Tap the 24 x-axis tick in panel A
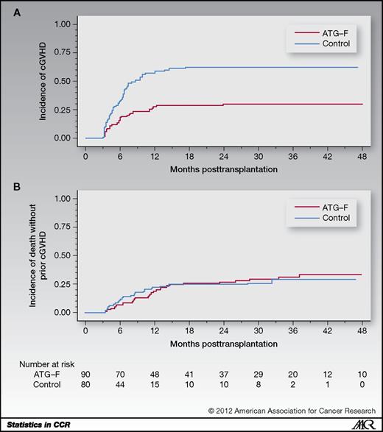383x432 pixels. pos(222,157)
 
